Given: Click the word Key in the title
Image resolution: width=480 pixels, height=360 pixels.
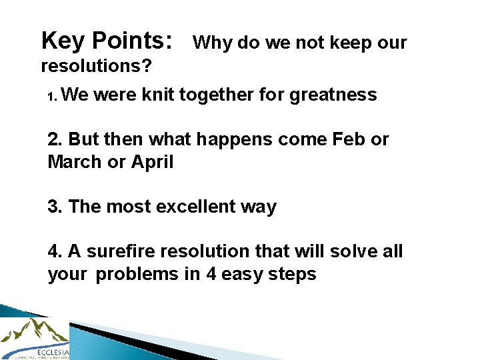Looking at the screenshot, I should pyautogui.click(x=63, y=41).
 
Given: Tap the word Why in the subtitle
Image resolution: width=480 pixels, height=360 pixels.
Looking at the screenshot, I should pyautogui.click(x=212, y=43).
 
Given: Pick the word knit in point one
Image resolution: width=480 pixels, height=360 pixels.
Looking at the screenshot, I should pyautogui.click(x=159, y=95).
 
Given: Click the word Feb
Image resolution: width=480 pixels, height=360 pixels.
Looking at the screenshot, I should pyautogui.click(x=347, y=140).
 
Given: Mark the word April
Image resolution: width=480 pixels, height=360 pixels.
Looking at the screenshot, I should pyautogui.click(x=153, y=162).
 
